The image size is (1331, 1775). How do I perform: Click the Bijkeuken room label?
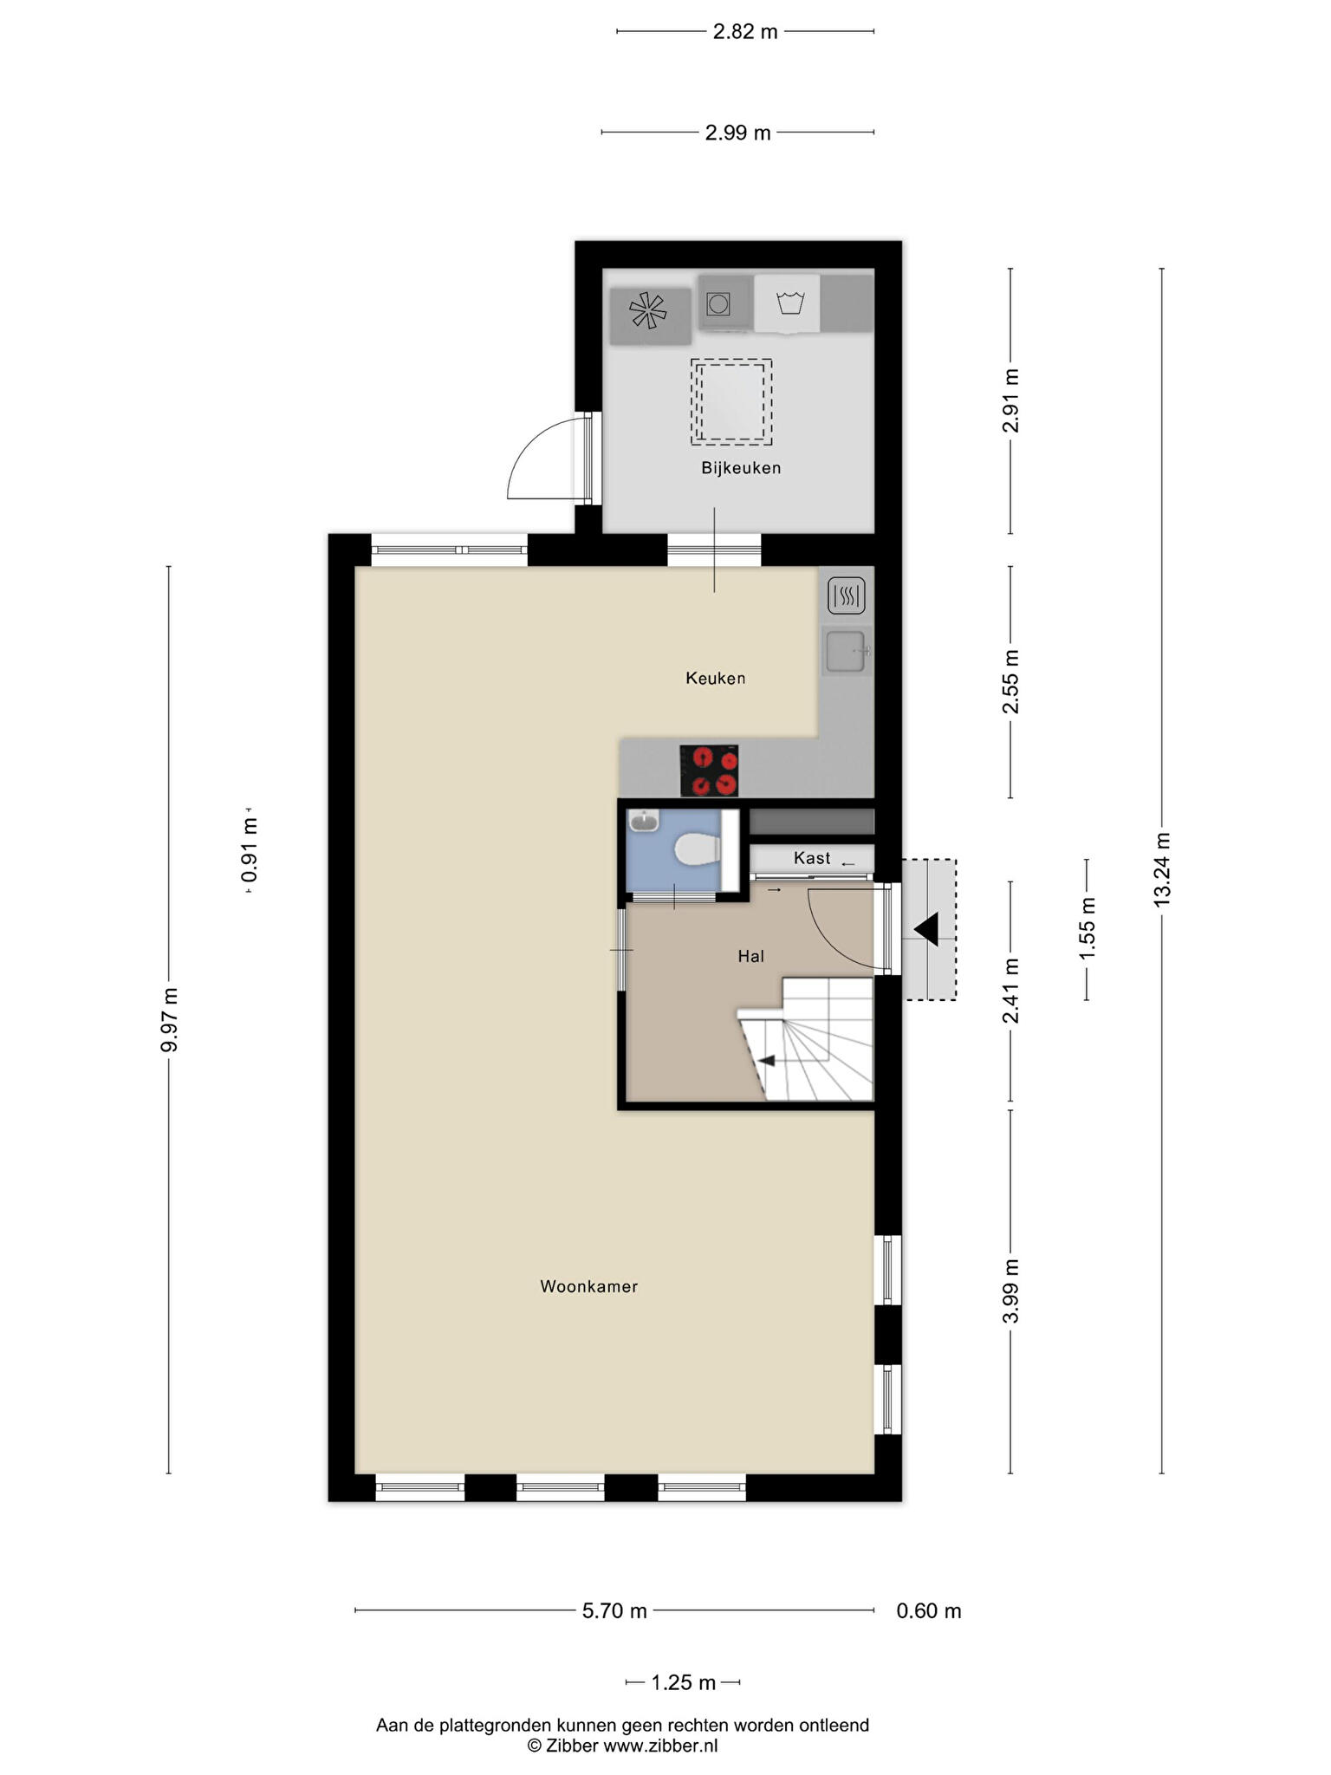pos(741,468)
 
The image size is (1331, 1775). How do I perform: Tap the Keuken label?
pos(715,678)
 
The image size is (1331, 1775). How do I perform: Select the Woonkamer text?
pos(589,1286)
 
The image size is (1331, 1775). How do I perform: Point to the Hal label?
pos(750,956)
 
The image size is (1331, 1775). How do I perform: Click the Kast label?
pos(812,857)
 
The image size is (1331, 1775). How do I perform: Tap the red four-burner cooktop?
pos(709,770)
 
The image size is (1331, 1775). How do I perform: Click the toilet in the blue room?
pos(698,849)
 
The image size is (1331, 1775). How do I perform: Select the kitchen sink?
pos(846,651)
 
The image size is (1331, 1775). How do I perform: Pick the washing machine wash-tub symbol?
pos(791,303)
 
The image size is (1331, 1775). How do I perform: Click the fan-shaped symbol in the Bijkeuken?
pos(648,310)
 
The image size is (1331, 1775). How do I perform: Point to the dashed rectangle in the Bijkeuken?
pos(730,401)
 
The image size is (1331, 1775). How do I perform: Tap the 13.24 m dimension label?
pos(1161,869)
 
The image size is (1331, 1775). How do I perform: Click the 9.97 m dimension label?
pos(169,1019)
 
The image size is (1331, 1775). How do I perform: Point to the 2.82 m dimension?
pos(745,32)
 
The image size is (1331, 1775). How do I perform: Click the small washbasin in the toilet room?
pos(645,821)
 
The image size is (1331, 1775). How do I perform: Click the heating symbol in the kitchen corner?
pos(847,595)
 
